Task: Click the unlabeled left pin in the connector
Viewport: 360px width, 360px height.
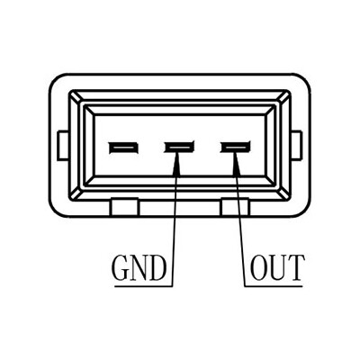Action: coord(123,148)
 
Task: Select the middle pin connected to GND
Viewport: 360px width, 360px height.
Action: coord(179,147)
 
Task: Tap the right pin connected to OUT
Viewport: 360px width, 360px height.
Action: coord(236,147)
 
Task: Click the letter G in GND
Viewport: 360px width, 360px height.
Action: coord(121,268)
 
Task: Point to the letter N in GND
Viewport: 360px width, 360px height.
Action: coord(139,268)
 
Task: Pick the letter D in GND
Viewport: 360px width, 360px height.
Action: coord(157,268)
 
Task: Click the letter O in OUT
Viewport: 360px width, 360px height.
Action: coord(259,268)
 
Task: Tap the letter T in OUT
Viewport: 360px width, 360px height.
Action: coord(295,268)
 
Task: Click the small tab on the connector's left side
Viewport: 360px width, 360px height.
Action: coord(62,145)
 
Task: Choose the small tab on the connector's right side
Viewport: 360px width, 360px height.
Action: coord(297,145)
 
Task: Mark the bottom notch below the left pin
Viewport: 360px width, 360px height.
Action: coord(124,207)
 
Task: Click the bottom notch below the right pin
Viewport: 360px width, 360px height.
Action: coord(235,207)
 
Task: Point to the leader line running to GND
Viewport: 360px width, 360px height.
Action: coord(175,219)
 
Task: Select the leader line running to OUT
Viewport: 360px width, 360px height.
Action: coord(240,219)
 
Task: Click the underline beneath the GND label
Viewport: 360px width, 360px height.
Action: coord(143,286)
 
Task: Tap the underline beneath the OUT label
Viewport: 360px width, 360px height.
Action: coord(274,286)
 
